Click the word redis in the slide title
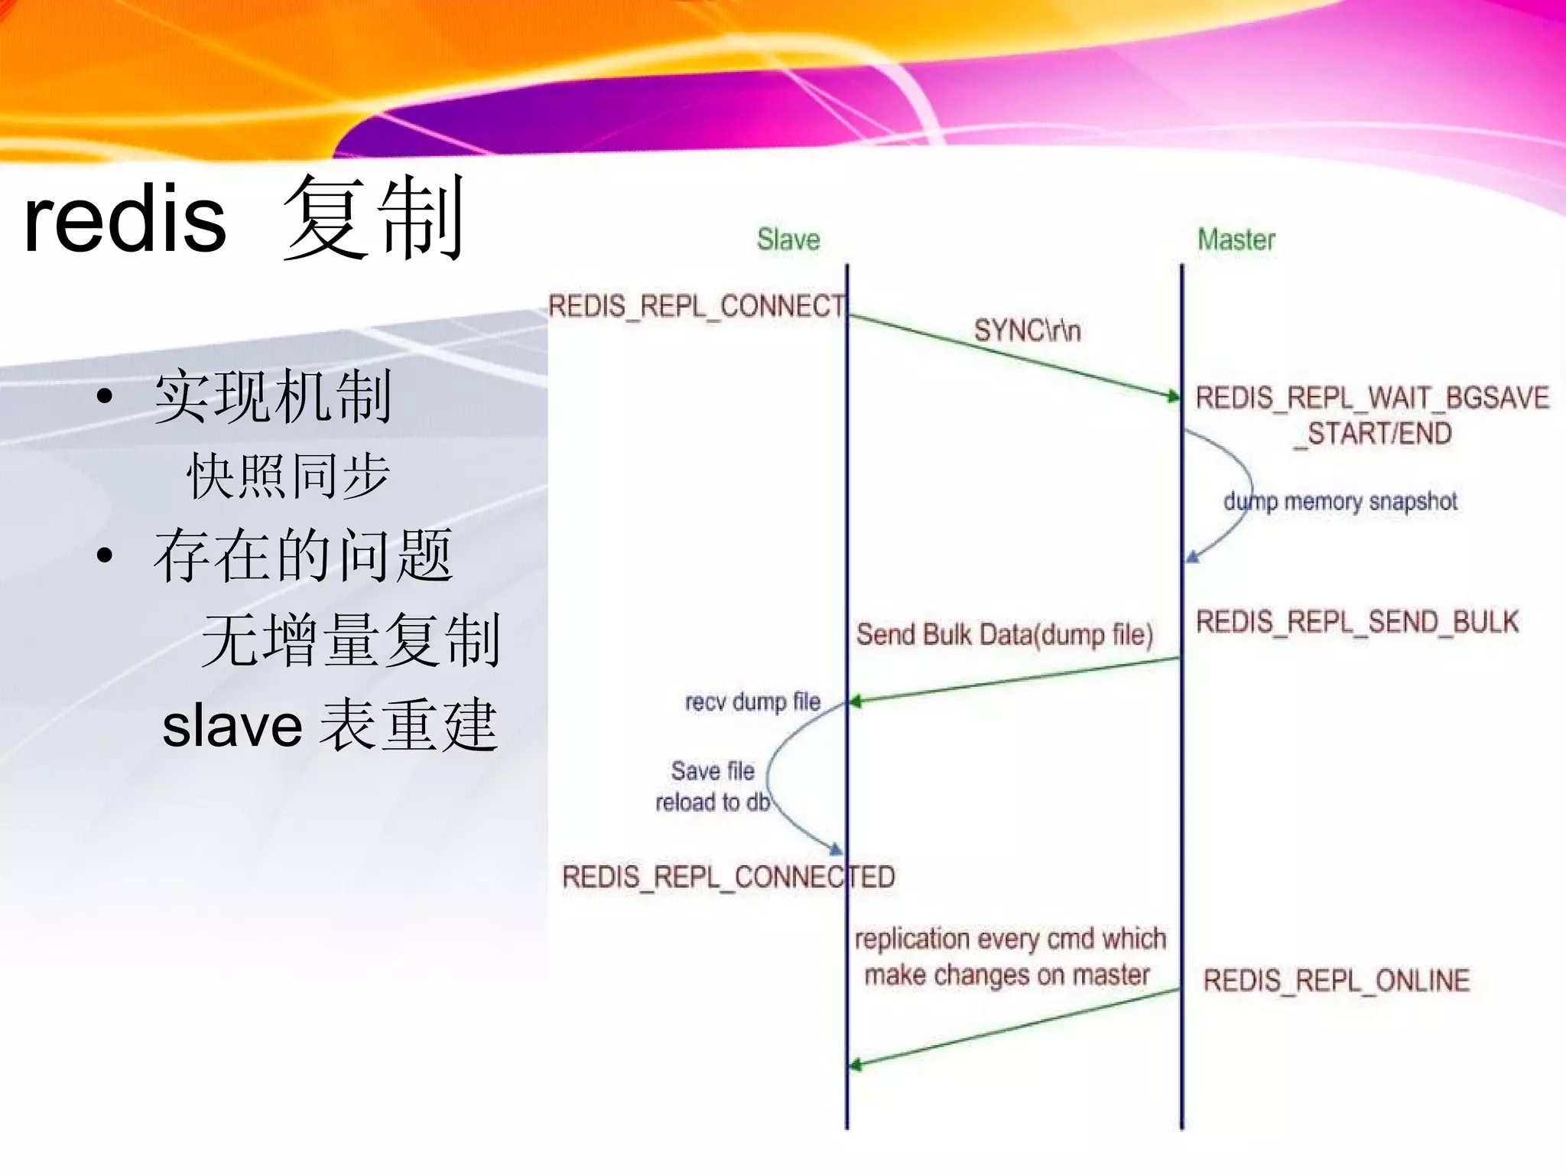pyautogui.click(x=125, y=220)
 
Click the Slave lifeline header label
pyautogui.click(x=788, y=239)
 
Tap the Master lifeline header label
pyautogui.click(x=1236, y=239)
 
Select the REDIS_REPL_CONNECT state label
pyautogui.click(x=697, y=306)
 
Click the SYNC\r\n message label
pyautogui.click(x=1027, y=330)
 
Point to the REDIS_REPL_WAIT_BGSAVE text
pyautogui.click(x=1372, y=398)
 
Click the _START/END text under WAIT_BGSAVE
pyautogui.click(x=1373, y=434)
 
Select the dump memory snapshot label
pyautogui.click(x=1340, y=502)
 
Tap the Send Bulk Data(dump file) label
pyautogui.click(x=1004, y=635)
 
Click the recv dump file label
pyautogui.click(x=752, y=701)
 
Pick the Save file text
pyautogui.click(x=713, y=770)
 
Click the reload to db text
pyautogui.click(x=713, y=802)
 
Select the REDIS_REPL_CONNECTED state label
pyautogui.click(x=728, y=877)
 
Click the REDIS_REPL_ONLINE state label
pyautogui.click(x=1336, y=980)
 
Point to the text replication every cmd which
pyautogui.click(x=1010, y=939)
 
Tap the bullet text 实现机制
pyautogui.click(x=273, y=396)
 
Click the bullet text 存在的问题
pyautogui.click(x=304, y=555)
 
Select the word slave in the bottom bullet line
pyautogui.click(x=232, y=725)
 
